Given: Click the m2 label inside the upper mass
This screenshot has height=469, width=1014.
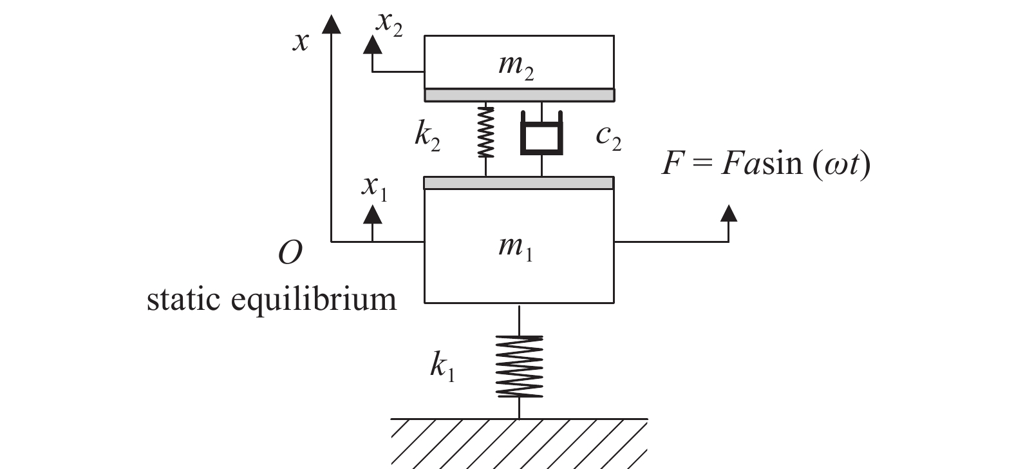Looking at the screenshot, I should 516,67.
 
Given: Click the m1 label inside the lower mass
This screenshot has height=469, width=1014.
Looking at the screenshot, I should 516,247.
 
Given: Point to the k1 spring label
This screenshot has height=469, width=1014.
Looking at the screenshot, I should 442,368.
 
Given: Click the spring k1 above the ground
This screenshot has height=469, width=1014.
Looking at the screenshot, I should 519,366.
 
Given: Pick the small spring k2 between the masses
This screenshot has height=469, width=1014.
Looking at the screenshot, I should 485,132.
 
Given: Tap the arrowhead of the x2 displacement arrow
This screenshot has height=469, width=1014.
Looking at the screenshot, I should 371,44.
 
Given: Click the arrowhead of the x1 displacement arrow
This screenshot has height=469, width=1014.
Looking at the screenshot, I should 372,214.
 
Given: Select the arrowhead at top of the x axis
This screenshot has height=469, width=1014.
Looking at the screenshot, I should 331,23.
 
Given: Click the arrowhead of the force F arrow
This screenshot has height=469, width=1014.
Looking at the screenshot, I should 728,213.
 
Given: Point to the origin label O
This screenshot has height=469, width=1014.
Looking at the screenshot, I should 290,253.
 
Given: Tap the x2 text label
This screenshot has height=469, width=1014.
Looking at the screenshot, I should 389,24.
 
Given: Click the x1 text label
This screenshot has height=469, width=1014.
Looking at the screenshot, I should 375,187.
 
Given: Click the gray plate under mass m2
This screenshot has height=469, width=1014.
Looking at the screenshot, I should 519,95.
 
